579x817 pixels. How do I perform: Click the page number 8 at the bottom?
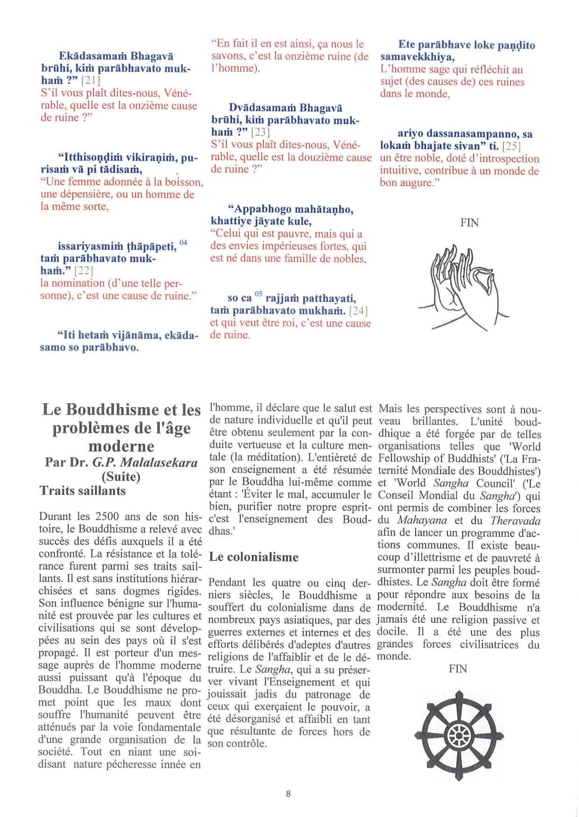[288, 793]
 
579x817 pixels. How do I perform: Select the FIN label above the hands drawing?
[469, 223]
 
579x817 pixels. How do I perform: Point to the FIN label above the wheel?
[458, 669]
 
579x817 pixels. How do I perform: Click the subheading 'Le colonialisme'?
[254, 557]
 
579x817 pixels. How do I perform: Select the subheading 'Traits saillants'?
[83, 491]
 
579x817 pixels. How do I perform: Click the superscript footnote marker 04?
[183, 242]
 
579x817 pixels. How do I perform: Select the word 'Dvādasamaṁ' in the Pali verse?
[262, 108]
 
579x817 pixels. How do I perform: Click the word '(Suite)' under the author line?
[121, 477]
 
